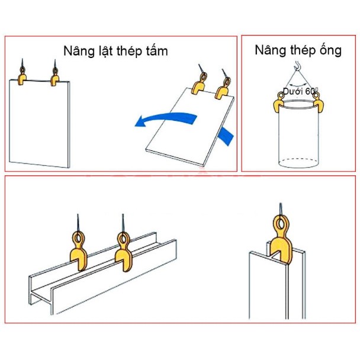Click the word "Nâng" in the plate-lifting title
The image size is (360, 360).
point(79,51)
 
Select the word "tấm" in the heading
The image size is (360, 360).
point(157,50)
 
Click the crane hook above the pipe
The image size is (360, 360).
point(297,66)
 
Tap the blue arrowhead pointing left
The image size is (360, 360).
point(141,121)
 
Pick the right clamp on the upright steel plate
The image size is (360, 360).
point(54,78)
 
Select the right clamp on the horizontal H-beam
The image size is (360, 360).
point(124,252)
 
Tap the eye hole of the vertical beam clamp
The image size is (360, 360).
point(281,223)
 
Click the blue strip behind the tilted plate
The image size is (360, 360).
point(226,136)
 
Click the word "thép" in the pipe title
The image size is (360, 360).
point(303,50)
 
